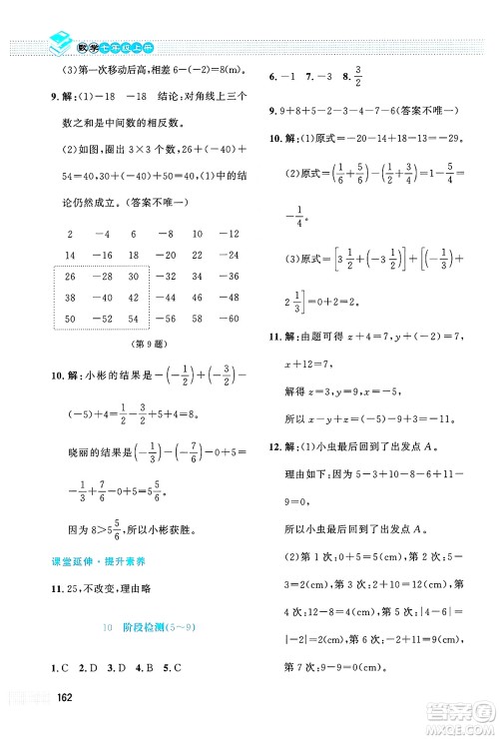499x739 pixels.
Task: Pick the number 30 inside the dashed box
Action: click(134, 276)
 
